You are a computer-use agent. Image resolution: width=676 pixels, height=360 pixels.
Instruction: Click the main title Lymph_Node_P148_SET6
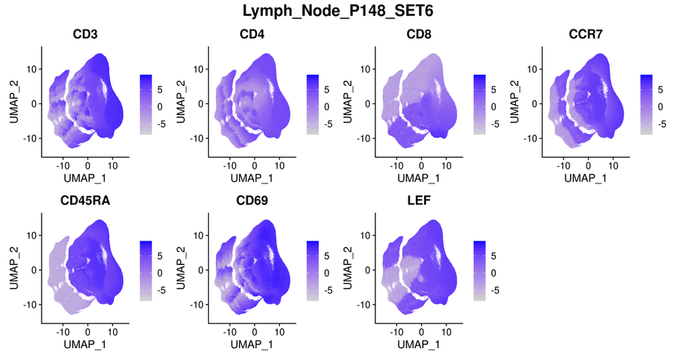click(x=337, y=11)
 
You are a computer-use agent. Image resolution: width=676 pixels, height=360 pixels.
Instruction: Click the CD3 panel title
click(x=85, y=34)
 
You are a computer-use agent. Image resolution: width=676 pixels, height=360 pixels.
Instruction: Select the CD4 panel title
click(x=252, y=34)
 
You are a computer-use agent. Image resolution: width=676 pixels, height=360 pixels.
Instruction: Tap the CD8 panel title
click(x=419, y=34)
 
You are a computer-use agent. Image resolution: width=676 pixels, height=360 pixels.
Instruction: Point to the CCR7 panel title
click(x=586, y=34)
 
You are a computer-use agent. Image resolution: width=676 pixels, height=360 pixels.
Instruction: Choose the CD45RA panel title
click(x=85, y=201)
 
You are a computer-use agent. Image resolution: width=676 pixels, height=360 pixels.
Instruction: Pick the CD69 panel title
click(x=252, y=201)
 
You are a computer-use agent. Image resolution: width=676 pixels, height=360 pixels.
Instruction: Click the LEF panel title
click(x=419, y=201)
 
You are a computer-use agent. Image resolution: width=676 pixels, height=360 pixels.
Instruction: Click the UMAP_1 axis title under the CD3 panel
click(x=85, y=178)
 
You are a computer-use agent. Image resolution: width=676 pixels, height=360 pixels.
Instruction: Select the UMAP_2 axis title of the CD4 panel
click(x=180, y=102)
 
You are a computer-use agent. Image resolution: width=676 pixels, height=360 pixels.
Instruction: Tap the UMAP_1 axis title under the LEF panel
click(x=419, y=344)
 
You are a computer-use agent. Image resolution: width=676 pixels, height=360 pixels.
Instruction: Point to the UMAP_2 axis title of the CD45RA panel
click(x=13, y=268)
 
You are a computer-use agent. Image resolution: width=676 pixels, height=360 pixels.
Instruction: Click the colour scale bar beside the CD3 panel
click(x=146, y=104)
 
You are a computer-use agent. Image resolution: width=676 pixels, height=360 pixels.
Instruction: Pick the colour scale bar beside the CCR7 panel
click(x=646, y=104)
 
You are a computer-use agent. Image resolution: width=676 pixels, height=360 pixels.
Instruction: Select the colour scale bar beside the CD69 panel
click(x=312, y=270)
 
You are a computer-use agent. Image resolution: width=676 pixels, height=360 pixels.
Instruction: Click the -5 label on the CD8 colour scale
click(x=495, y=124)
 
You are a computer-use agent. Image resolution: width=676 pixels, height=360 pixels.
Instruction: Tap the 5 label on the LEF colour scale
click(x=494, y=256)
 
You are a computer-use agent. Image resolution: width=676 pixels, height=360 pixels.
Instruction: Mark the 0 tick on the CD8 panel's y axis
click(x=368, y=103)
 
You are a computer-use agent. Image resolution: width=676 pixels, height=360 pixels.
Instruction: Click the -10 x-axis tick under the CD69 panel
click(x=230, y=332)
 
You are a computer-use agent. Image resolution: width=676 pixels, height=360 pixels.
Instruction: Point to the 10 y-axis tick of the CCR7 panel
click(x=532, y=69)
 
